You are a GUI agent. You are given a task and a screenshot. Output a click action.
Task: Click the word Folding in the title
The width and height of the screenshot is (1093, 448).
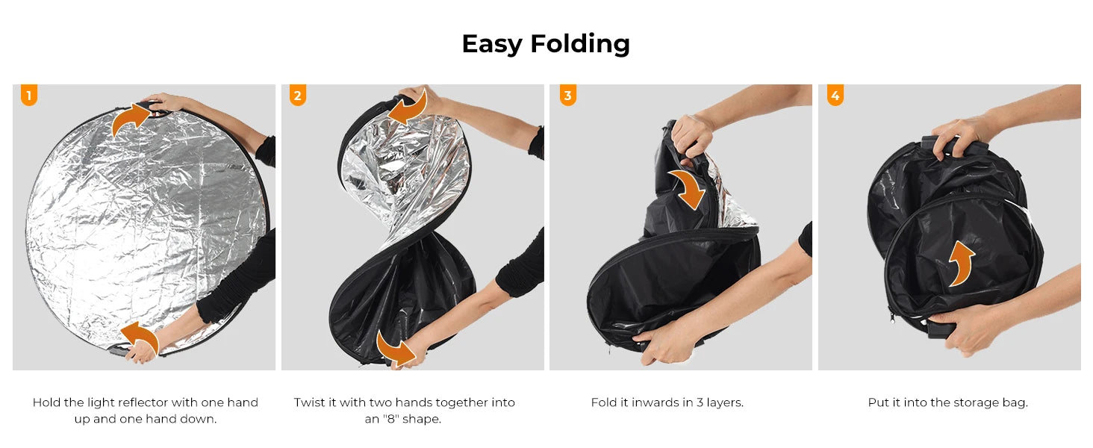point(579,44)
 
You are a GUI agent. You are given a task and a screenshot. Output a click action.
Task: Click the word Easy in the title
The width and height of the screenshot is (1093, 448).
point(492,44)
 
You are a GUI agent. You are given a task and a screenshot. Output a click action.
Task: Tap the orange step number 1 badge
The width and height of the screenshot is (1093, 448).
point(29,95)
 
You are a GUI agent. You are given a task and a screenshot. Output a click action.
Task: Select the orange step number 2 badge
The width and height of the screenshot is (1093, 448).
point(298,95)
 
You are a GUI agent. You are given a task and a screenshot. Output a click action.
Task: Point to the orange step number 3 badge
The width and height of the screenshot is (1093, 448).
point(567,95)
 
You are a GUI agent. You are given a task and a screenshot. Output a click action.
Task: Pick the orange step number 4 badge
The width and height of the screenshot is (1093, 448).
point(835,95)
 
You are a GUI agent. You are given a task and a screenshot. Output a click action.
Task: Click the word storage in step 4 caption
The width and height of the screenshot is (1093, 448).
point(976,403)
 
